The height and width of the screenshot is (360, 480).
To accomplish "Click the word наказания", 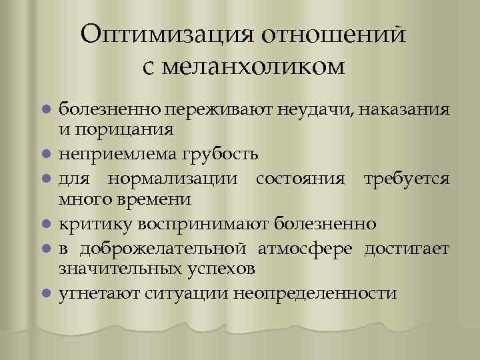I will click(x=409, y=108).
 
